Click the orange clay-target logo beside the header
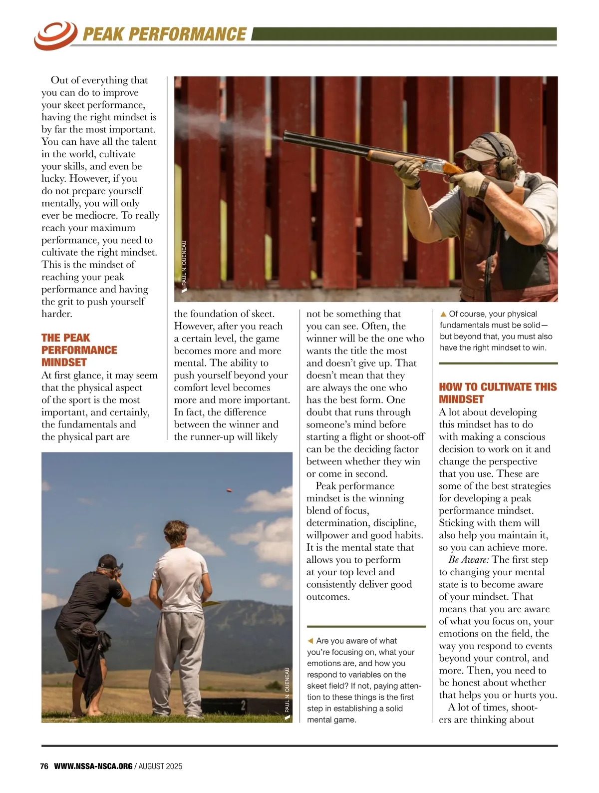coord(55,34)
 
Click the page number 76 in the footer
coord(44,766)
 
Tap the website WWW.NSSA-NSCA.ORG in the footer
coord(93,766)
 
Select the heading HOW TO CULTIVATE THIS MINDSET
coord(497,393)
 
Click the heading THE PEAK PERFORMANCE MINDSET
coord(79,350)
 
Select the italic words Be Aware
coord(468,560)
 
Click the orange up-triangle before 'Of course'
coord(443,314)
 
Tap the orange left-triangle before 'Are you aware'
coord(310,641)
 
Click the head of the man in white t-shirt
coord(178,535)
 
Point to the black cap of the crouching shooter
coord(107,560)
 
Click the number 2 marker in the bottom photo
coord(243,706)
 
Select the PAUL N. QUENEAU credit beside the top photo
coord(184,264)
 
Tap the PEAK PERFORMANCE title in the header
coord(164,34)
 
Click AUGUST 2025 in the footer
coord(160,766)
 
